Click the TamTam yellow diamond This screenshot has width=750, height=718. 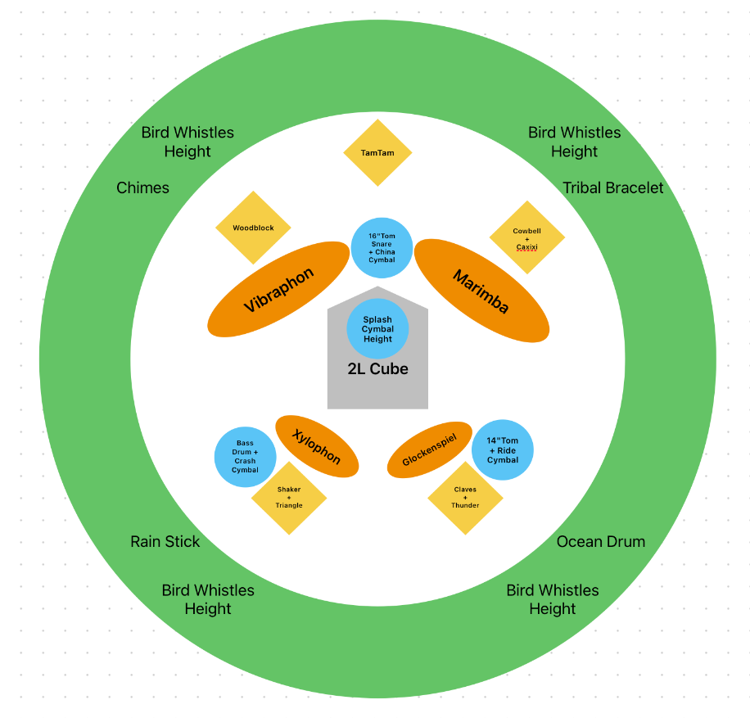coord(377,153)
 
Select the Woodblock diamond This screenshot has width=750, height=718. coord(253,228)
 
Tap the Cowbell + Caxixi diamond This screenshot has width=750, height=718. coord(526,238)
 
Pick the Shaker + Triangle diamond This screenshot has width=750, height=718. coord(289,498)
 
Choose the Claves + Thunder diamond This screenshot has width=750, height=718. coord(465,498)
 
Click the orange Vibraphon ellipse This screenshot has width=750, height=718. coord(278,289)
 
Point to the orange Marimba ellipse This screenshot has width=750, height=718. coord(481,291)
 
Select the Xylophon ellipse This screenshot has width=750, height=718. coord(317,446)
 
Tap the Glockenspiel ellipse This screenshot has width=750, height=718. coord(429,449)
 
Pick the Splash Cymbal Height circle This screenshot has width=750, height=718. coord(377,329)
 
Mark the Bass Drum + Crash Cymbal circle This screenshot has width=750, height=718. coord(245,457)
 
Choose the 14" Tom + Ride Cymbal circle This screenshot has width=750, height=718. coord(503,450)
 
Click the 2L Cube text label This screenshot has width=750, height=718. coord(377,369)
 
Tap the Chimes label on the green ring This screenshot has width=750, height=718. coord(142,188)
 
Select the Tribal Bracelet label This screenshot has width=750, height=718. coord(613,188)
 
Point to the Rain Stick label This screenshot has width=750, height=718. coord(165,542)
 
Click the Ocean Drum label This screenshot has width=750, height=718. coord(601,542)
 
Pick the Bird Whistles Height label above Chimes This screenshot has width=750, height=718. coord(187,142)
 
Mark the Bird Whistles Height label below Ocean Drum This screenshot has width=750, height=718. coord(553,599)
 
